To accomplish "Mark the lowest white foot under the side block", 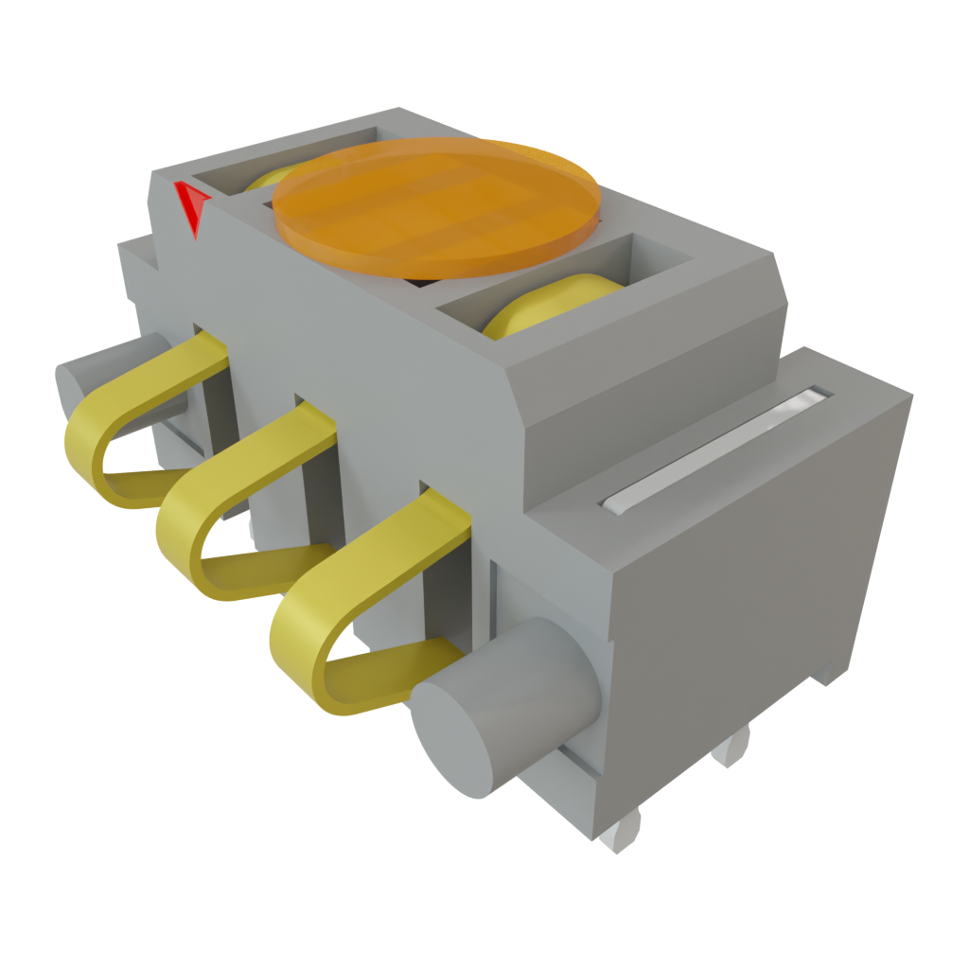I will pyautogui.click(x=620, y=833).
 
